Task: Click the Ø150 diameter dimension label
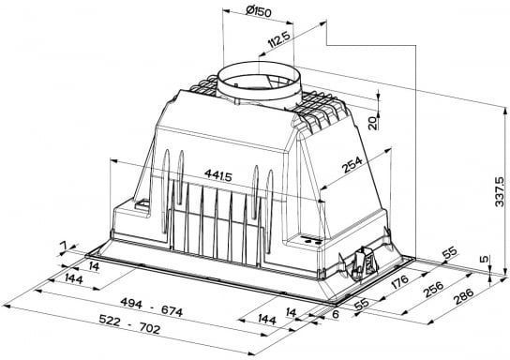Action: tap(258, 11)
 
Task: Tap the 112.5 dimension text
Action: tap(279, 39)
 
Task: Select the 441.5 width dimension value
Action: tap(218, 175)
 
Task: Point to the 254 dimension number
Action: tap(352, 165)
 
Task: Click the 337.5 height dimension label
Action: tap(499, 191)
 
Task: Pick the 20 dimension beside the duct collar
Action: tap(373, 123)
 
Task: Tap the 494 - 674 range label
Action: tap(152, 307)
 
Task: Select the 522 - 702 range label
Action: tap(129, 324)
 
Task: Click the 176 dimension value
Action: tap(399, 281)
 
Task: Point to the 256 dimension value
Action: tap(433, 289)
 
